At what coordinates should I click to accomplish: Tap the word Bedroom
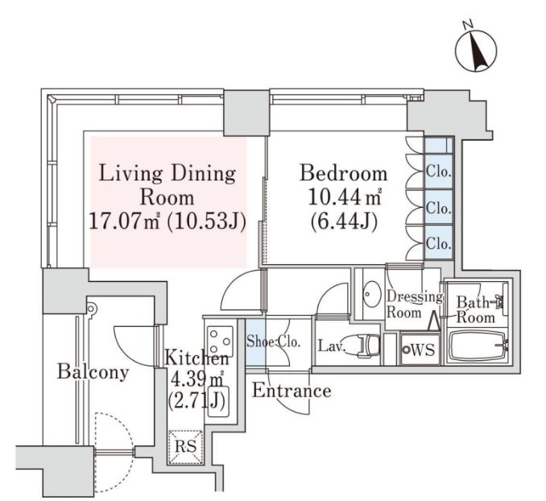(343, 173)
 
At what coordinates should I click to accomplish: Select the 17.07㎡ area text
(125, 221)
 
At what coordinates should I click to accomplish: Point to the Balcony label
(93, 371)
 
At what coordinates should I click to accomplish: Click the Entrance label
(292, 391)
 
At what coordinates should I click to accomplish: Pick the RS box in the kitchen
(185, 447)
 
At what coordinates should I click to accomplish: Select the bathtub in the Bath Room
(477, 346)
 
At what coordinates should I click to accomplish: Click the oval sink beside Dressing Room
(370, 294)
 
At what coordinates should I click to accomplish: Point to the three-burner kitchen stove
(220, 340)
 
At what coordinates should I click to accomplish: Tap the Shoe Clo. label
(273, 342)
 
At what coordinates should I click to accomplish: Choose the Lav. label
(331, 346)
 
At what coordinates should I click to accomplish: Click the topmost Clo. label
(439, 172)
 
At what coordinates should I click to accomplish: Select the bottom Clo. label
(439, 243)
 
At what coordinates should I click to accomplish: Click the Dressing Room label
(415, 304)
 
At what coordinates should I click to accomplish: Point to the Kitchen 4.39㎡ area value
(196, 379)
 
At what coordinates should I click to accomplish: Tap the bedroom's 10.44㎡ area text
(345, 197)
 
